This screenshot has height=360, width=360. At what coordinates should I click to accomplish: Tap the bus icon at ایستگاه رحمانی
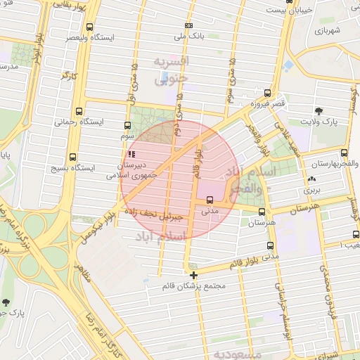[x=77, y=110]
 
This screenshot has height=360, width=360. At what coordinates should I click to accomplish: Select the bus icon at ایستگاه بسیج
[x=72, y=157]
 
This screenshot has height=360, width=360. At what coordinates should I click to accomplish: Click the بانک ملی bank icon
[x=188, y=25]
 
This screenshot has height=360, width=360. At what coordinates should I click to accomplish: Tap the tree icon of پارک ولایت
[x=319, y=110]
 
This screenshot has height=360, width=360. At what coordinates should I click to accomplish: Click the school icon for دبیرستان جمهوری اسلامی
[x=130, y=154]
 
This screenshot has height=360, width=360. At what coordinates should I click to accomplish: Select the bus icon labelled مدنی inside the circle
[x=210, y=199]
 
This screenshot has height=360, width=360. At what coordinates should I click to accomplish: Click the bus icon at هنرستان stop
[x=262, y=212]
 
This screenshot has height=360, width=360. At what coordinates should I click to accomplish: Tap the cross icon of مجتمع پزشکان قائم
[x=193, y=275]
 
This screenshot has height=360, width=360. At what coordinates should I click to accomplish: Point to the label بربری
[x=311, y=191]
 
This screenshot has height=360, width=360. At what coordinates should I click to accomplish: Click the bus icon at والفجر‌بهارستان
[x=343, y=153]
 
